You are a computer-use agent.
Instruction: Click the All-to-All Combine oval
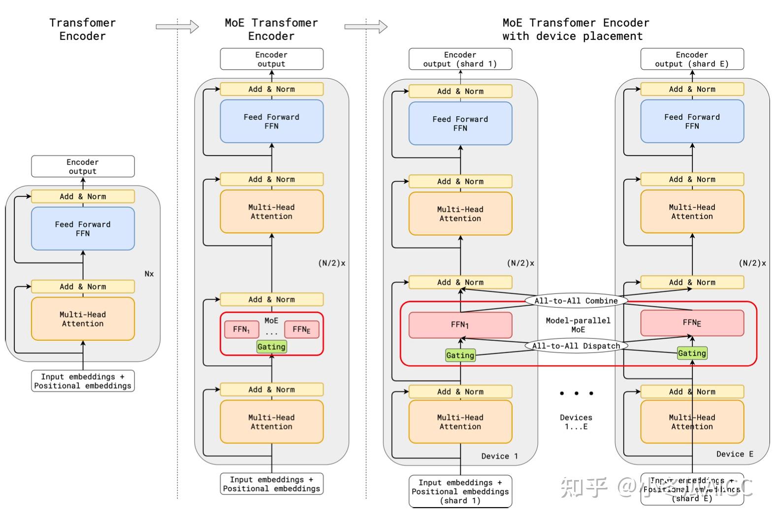tap(576, 300)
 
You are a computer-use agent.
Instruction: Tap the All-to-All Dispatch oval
tap(576, 346)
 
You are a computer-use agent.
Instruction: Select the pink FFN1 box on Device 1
tap(460, 325)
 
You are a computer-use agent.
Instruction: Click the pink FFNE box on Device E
tap(692, 323)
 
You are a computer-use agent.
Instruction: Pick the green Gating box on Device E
tap(692, 353)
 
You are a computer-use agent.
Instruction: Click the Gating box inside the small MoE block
tap(271, 347)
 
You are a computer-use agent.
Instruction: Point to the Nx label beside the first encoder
tap(149, 274)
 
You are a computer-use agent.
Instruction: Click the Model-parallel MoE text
tap(578, 325)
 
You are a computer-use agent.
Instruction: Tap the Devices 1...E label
tap(576, 422)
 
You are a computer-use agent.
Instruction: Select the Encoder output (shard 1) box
tap(460, 59)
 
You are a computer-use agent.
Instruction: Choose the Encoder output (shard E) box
tap(692, 59)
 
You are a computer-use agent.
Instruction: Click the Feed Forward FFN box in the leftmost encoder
tap(83, 228)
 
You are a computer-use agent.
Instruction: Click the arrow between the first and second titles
tap(177, 27)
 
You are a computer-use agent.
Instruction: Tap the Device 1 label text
tap(499, 456)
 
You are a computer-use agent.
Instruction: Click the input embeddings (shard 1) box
tap(460, 491)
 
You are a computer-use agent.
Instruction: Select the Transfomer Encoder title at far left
tap(83, 29)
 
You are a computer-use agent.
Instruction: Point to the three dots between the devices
tap(576, 393)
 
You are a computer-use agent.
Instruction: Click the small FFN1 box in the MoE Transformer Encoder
tap(241, 329)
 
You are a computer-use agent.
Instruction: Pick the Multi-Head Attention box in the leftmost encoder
tap(83, 319)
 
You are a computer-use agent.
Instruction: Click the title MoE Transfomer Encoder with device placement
tap(575, 29)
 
